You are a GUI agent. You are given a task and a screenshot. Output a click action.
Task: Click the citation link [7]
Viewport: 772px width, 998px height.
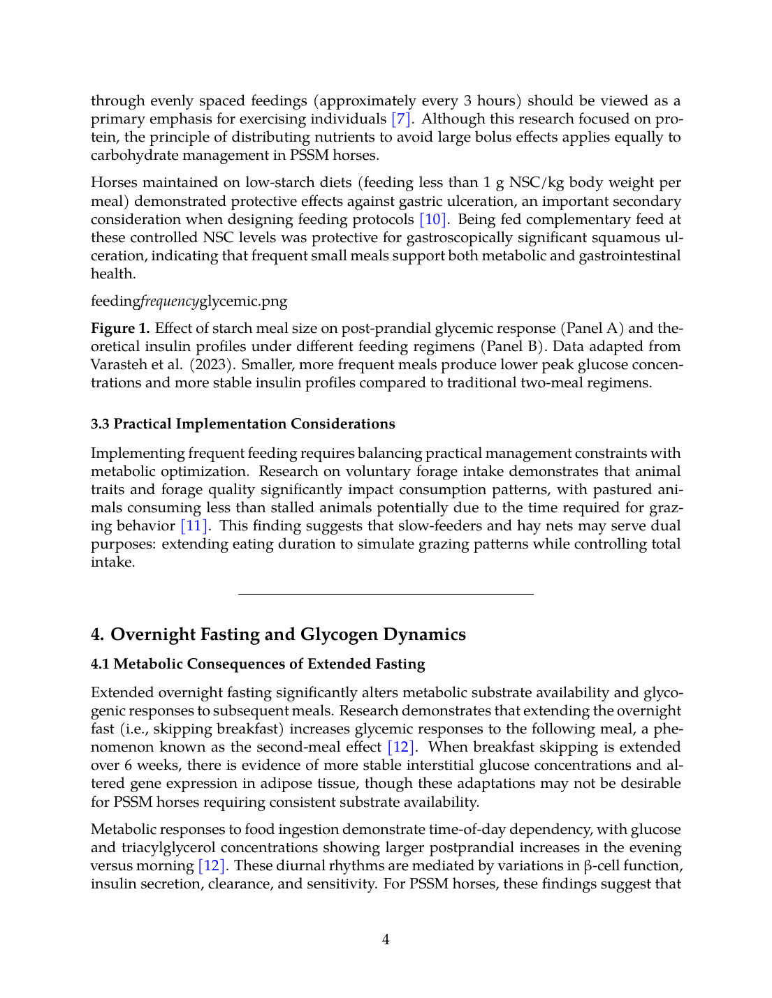400,119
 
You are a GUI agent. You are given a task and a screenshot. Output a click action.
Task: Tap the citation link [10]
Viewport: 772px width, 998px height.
432,220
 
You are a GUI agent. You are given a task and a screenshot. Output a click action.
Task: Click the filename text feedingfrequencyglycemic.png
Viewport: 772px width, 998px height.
189,301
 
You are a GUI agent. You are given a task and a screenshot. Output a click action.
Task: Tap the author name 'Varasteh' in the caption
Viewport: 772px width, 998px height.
117,365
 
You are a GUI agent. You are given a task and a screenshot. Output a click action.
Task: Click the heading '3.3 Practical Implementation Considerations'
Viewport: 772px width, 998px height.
242,424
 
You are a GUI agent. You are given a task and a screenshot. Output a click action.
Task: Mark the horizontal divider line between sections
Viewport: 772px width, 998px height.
386,594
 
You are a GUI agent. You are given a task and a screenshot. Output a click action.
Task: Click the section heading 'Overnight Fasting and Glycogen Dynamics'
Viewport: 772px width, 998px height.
288,634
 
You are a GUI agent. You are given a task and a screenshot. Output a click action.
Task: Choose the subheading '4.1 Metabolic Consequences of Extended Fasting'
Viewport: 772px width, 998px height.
258,664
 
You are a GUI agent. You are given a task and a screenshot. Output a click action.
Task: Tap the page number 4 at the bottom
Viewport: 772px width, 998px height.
386,940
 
